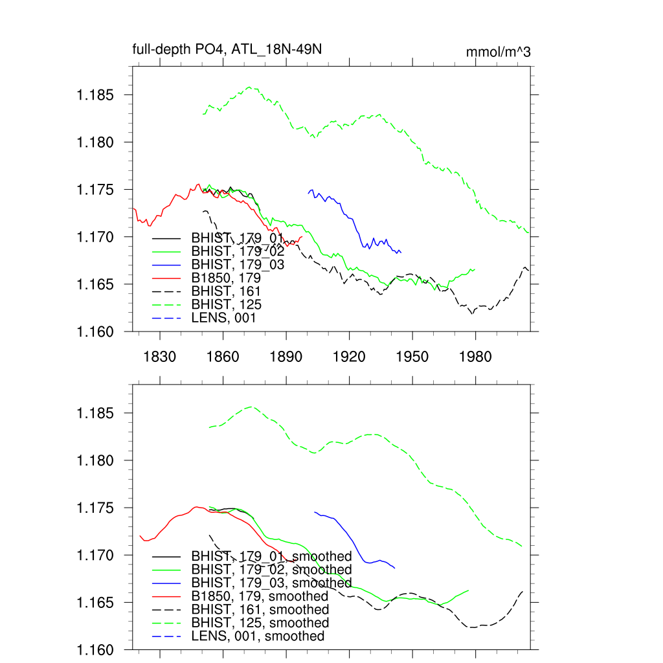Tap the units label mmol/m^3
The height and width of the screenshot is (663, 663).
click(x=498, y=52)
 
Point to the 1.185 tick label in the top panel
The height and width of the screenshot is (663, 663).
click(x=96, y=95)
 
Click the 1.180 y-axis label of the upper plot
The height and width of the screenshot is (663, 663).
click(x=96, y=142)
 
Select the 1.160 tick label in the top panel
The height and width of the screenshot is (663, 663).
click(x=96, y=331)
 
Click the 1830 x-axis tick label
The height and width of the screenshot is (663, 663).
click(x=160, y=357)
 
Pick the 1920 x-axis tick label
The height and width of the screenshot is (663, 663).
click(x=350, y=357)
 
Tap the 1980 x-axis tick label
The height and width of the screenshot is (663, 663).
click(x=476, y=357)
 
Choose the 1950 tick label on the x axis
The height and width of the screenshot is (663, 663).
click(x=412, y=357)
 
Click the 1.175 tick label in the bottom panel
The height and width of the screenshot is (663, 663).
click(x=96, y=508)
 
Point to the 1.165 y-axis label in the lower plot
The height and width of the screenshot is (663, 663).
click(x=96, y=603)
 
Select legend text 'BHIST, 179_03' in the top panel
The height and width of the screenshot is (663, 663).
click(x=237, y=264)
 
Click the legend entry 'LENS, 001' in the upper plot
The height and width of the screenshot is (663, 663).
click(x=223, y=318)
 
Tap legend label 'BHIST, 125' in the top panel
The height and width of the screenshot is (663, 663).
click(x=227, y=304)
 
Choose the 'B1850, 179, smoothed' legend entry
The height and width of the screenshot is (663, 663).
click(x=260, y=596)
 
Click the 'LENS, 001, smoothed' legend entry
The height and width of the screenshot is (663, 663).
click(x=258, y=636)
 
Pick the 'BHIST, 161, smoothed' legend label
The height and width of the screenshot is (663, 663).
click(x=260, y=610)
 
